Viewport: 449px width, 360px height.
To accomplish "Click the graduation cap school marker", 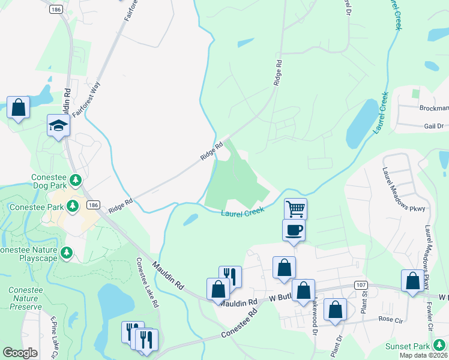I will click(x=59, y=125).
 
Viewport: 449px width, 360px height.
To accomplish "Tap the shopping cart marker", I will click(x=295, y=209).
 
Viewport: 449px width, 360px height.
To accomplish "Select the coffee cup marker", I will click(x=294, y=230).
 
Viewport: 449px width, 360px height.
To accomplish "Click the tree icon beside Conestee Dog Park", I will click(x=76, y=179).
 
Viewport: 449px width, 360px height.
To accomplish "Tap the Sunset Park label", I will click(x=408, y=346).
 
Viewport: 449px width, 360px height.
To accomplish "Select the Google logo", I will click(x=20, y=353).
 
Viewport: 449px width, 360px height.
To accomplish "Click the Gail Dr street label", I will click(x=433, y=126).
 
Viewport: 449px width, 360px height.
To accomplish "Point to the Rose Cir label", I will click(x=390, y=320).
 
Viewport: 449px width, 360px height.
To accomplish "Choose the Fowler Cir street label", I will click(x=430, y=314).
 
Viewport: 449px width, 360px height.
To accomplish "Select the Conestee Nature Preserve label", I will click(x=25, y=298).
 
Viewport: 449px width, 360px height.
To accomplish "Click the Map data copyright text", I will click(x=423, y=355).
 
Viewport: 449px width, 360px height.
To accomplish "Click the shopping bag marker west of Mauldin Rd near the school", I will click(x=18, y=108).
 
